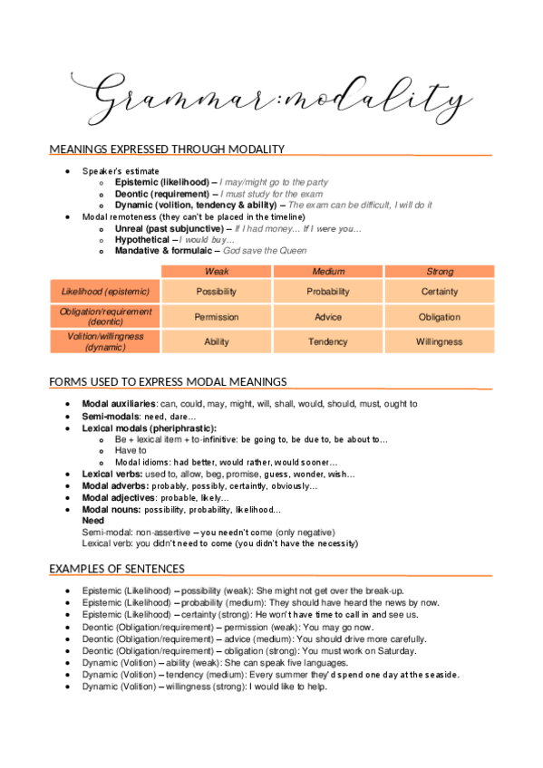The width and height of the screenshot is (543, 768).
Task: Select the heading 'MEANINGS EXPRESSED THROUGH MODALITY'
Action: (x=167, y=149)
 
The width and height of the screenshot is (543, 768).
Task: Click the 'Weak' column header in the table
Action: (x=217, y=272)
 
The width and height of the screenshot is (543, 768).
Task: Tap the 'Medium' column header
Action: (x=328, y=272)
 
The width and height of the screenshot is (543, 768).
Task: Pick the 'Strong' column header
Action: (x=440, y=272)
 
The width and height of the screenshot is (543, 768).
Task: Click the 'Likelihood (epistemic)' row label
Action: (x=104, y=292)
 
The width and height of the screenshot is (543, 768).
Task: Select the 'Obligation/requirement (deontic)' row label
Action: (x=104, y=316)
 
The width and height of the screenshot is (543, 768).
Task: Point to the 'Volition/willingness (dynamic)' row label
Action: (x=104, y=341)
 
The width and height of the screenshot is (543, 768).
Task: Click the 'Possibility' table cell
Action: (x=217, y=292)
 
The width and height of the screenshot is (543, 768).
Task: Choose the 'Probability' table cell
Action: (x=328, y=292)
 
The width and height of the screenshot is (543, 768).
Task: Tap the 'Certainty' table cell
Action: (x=440, y=292)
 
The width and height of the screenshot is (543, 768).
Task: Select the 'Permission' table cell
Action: (x=217, y=317)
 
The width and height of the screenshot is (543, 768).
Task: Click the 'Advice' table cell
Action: (x=328, y=317)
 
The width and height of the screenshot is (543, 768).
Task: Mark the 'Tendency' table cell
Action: (x=328, y=341)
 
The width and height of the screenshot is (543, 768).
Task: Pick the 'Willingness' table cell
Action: (x=440, y=341)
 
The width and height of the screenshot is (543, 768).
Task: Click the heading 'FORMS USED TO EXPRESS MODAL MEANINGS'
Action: (x=168, y=382)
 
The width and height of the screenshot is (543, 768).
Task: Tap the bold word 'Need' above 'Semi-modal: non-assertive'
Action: (x=92, y=522)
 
